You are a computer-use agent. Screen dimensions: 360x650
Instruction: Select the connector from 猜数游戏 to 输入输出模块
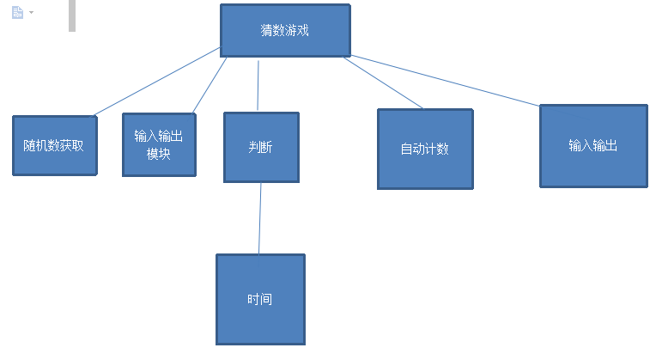point(210,85)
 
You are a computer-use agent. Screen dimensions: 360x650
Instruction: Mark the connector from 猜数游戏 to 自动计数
point(383,83)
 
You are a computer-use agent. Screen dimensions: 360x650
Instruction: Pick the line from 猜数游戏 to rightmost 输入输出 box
point(446,81)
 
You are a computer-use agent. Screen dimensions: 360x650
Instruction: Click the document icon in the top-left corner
point(17,13)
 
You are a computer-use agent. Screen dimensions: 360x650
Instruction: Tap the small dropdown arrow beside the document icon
point(32,13)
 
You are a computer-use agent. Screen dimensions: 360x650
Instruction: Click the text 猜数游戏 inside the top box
point(285,30)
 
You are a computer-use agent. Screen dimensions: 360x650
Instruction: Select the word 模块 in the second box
point(159,155)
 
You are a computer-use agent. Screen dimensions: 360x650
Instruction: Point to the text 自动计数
point(424,149)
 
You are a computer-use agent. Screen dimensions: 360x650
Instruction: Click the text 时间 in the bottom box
point(260,300)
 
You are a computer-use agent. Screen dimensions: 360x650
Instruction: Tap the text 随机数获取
point(53,146)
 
